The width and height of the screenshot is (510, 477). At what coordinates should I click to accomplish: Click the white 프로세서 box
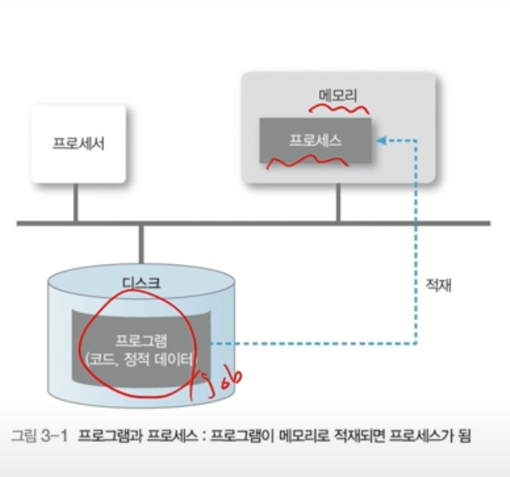(x=78, y=144)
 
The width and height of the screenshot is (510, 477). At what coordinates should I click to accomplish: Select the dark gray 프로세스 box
(x=315, y=140)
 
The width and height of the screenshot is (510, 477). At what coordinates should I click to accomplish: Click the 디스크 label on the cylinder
(x=142, y=283)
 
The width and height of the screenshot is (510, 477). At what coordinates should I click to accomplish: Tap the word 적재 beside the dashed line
(x=439, y=285)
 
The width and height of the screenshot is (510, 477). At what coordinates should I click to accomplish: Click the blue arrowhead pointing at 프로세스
(x=380, y=141)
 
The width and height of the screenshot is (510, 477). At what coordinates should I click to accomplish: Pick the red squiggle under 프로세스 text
(x=306, y=162)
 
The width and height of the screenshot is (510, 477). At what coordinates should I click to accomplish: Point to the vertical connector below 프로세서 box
(x=76, y=202)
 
